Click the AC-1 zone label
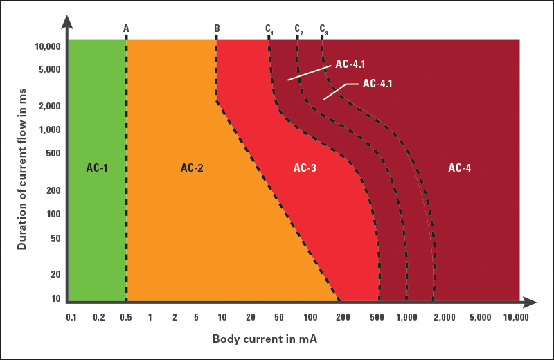point(97,168)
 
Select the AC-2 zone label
point(192,168)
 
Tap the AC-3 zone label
point(305,168)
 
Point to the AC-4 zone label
point(460,168)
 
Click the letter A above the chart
point(126,28)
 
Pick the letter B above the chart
point(217,28)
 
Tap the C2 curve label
point(298,29)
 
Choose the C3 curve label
point(323,29)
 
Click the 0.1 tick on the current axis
point(71,317)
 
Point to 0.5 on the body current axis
point(126,317)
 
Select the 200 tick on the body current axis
point(340,317)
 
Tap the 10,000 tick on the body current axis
point(516,317)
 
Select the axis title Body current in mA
point(265,339)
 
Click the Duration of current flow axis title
point(22,164)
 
